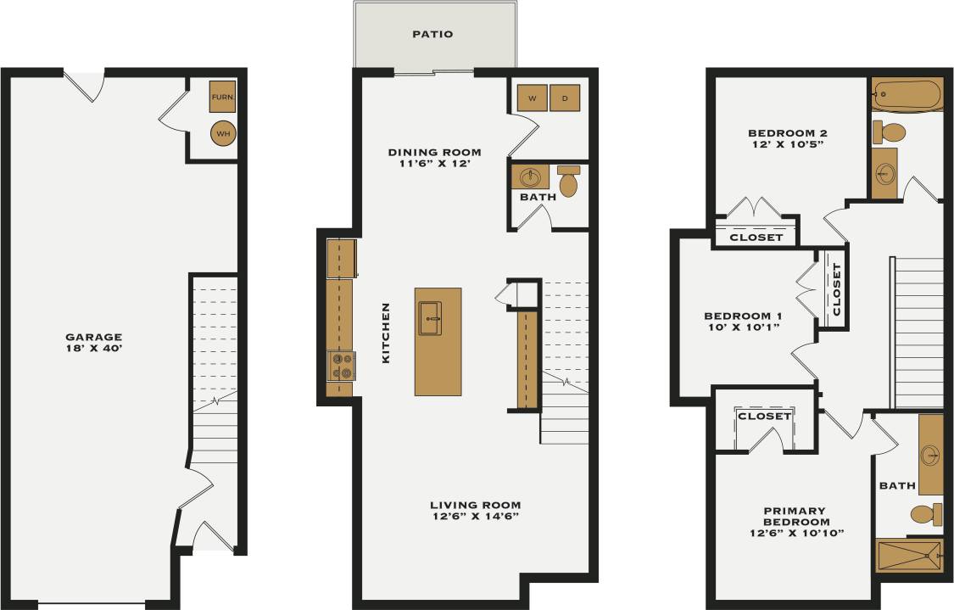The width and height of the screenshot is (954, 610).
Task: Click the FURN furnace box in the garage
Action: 222,98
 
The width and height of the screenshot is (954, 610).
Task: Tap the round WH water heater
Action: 222,133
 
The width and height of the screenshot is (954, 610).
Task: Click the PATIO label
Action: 432,35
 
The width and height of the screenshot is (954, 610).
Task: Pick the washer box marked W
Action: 533,98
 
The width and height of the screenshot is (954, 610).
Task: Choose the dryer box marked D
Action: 565,98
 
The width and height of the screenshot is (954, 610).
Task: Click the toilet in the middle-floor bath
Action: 569,182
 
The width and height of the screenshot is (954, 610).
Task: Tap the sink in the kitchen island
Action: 431,318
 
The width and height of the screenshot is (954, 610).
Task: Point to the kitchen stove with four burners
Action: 342,366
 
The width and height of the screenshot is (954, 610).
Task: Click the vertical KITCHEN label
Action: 386,333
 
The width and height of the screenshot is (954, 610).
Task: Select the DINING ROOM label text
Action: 434,158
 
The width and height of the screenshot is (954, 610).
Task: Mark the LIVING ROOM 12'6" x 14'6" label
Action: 475,510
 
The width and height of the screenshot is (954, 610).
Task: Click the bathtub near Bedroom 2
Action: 907,93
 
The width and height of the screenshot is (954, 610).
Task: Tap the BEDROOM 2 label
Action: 787,138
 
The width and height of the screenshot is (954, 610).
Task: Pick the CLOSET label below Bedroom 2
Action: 756,238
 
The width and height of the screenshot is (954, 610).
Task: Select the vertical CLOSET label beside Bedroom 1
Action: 837,289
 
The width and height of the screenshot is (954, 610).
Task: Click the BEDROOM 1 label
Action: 742,322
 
